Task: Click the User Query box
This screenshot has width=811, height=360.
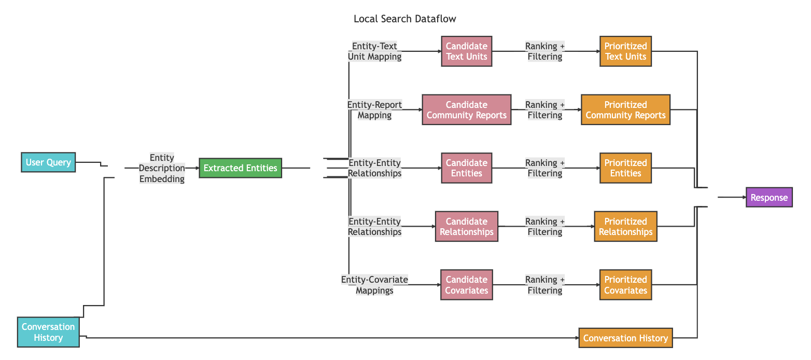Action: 48,162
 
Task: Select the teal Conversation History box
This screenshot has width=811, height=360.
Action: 48,332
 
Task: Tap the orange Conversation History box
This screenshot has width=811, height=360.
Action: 626,338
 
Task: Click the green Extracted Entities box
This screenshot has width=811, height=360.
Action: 241,168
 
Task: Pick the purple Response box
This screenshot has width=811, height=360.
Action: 769,198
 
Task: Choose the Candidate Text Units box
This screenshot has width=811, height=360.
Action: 467,51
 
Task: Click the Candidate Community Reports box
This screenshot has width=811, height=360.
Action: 467,110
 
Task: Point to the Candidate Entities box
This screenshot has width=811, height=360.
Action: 467,168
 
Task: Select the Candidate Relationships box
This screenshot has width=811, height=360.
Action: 467,226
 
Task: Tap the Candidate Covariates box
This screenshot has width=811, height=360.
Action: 467,285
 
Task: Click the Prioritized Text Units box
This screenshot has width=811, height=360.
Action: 626,51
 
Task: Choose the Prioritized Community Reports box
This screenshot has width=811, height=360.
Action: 626,110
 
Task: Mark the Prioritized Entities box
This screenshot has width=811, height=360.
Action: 626,168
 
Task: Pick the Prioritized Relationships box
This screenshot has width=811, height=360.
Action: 626,226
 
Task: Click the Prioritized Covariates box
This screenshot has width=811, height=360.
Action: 626,285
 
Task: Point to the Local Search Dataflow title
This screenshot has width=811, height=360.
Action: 405,19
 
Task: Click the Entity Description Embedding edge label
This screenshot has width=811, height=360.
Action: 162,168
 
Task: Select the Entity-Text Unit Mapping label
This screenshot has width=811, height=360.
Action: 375,51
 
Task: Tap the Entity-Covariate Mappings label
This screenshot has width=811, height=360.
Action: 375,285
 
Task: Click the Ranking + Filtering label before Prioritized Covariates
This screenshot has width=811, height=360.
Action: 545,285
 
